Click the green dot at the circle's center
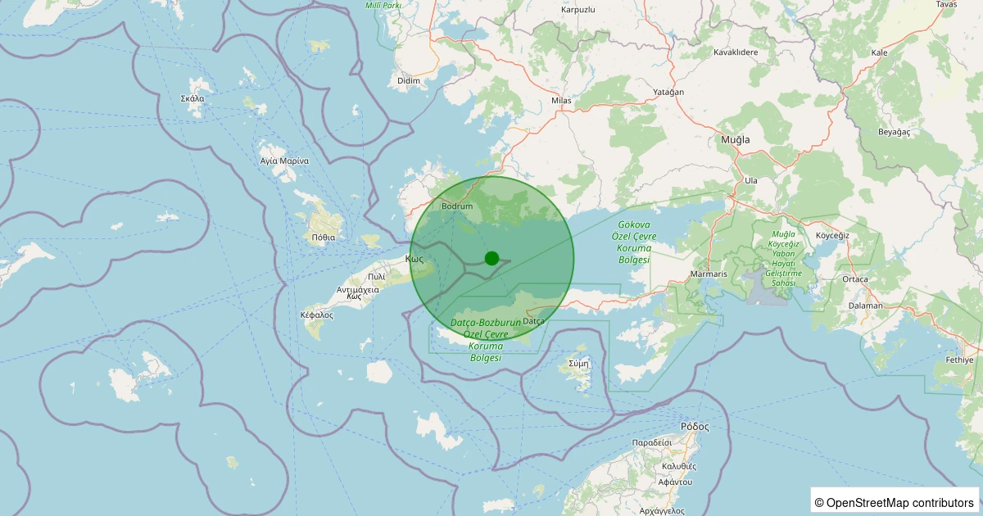[491, 258]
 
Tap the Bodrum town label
[457, 206]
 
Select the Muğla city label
[735, 140]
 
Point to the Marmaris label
[709, 273]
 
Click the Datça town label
[533, 321]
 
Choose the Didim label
[408, 80]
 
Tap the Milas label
[561, 100]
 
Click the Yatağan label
[668, 92]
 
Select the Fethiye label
[959, 360]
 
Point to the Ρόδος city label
[694, 427]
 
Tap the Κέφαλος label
[317, 315]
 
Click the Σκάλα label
[193, 98]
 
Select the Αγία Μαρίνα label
[283, 161]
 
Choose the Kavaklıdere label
[736, 52]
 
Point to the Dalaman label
[866, 306]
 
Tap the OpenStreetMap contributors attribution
[895, 502]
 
